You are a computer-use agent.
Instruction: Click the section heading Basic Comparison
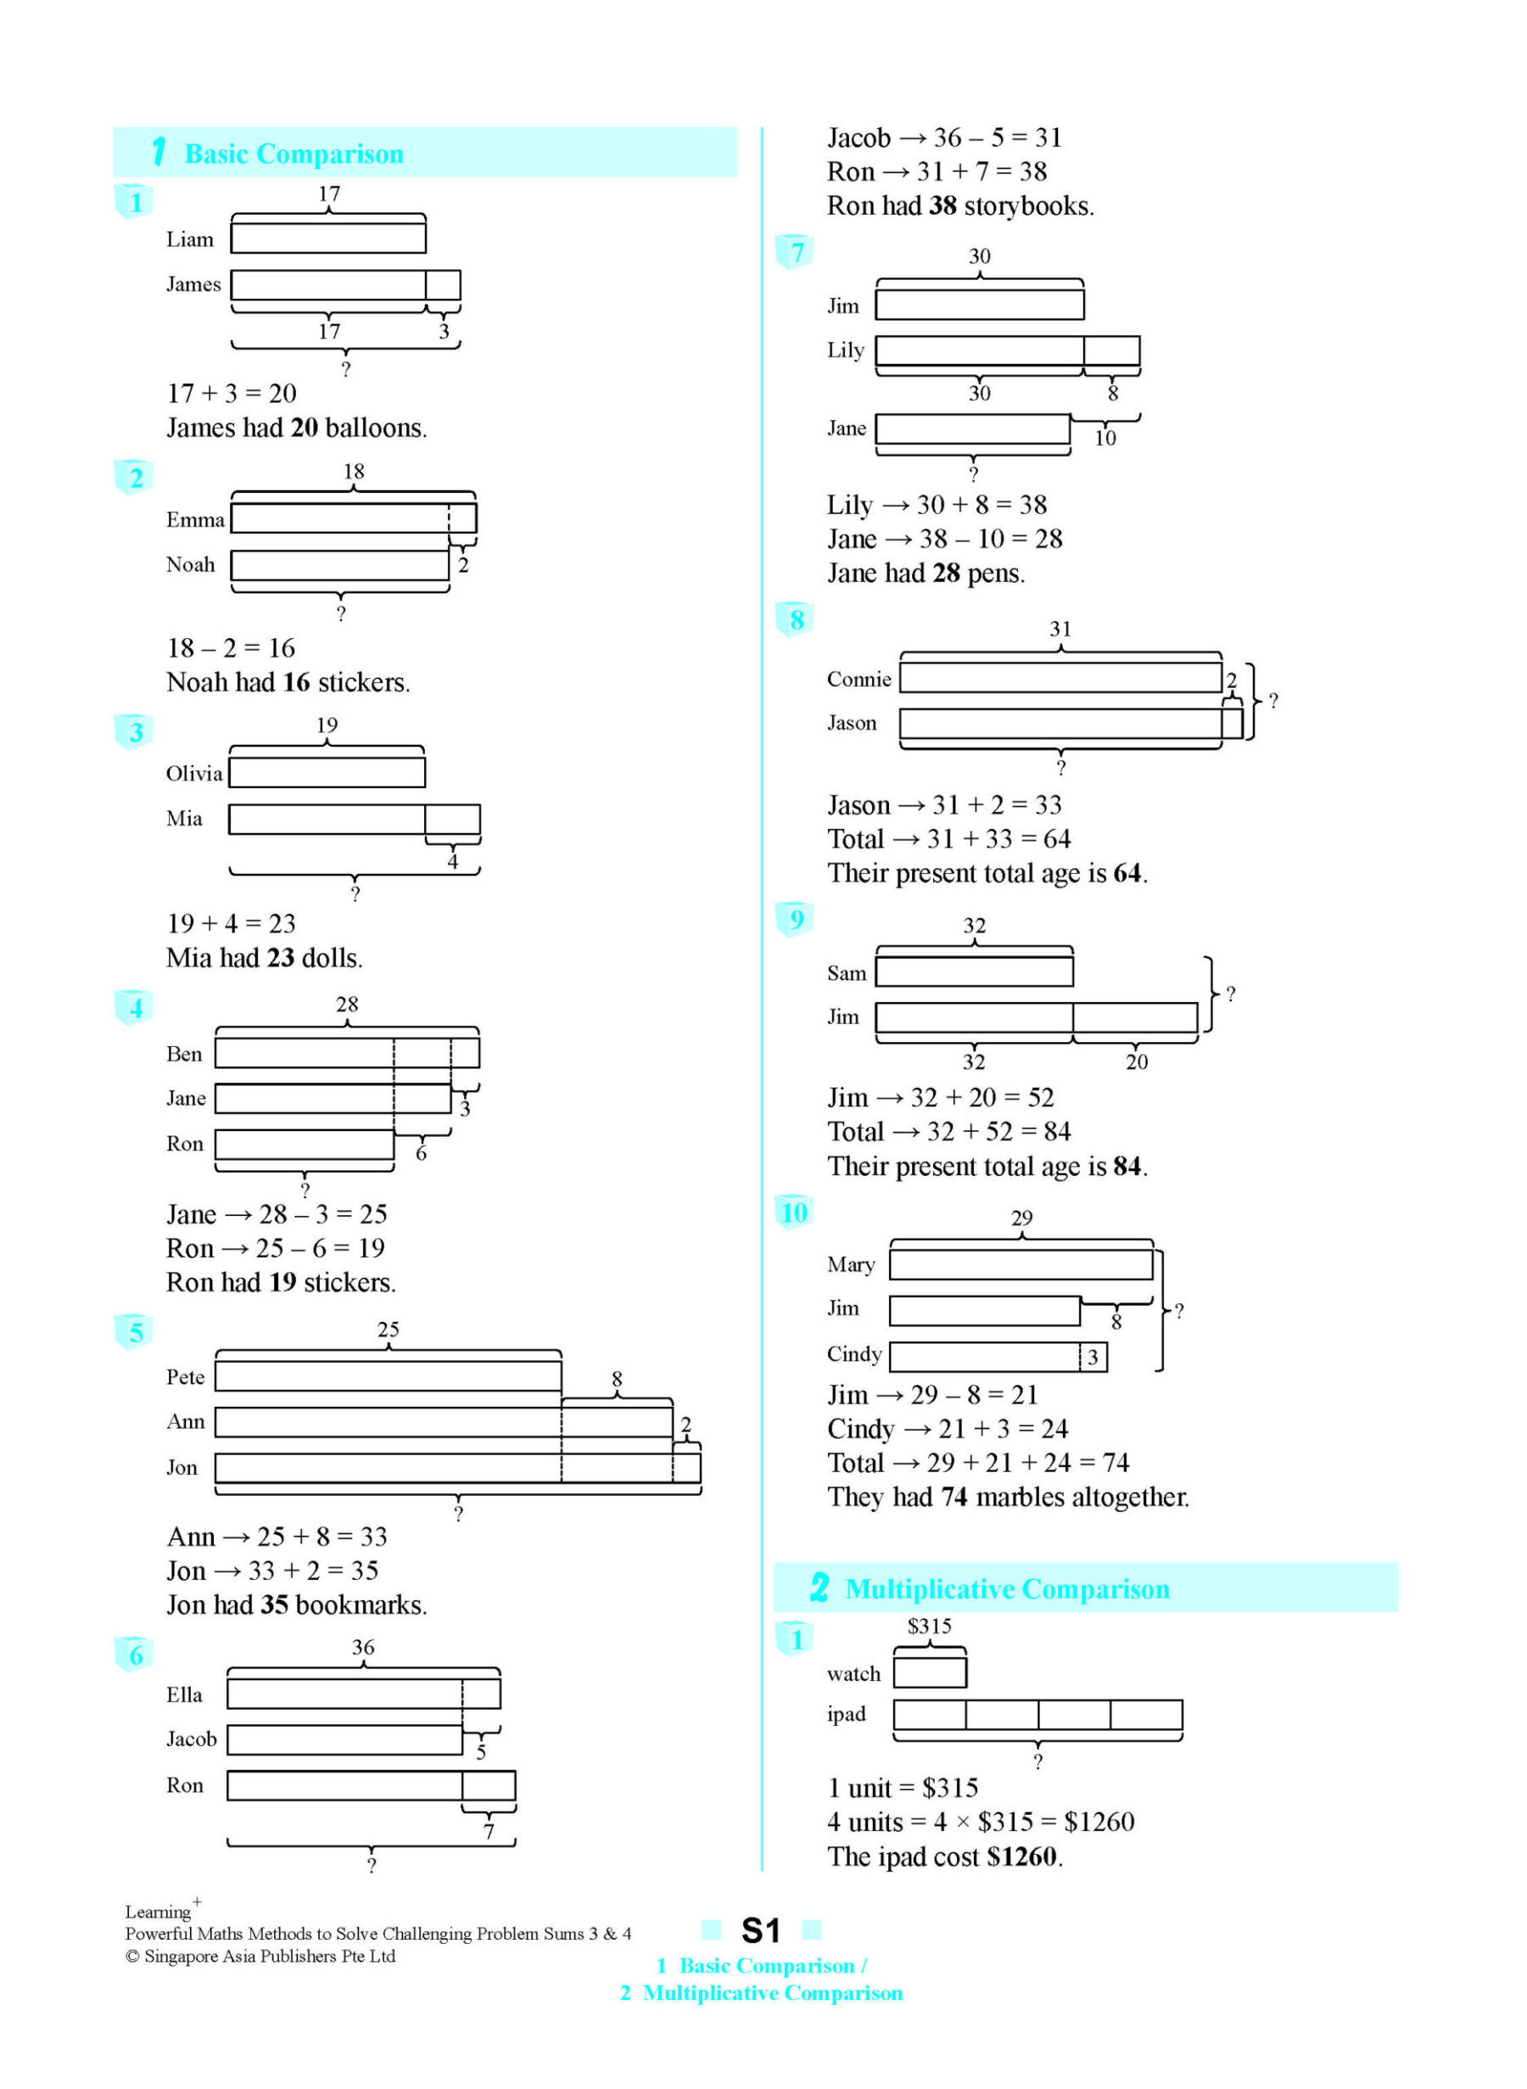(294, 154)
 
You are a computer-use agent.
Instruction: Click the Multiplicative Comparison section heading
(1007, 1589)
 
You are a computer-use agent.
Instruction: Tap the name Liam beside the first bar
(189, 239)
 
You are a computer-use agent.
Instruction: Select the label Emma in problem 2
(195, 519)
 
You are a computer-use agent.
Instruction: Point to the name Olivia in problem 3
(194, 774)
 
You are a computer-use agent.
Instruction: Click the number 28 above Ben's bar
(347, 1004)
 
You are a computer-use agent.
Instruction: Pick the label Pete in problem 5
(185, 1377)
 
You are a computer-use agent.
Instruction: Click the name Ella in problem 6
(184, 1695)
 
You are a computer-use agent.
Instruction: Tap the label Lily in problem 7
(845, 350)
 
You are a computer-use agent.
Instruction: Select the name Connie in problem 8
(859, 680)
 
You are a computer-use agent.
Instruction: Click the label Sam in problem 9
(846, 973)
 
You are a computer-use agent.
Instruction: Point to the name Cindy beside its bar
(854, 1354)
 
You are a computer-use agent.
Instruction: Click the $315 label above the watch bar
(929, 1626)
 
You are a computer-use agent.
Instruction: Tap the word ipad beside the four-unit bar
(846, 1715)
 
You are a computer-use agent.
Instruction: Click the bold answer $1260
(1021, 1857)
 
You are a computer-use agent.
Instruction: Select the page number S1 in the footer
(761, 1931)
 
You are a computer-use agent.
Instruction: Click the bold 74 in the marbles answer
(954, 1498)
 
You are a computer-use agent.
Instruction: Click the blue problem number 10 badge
(794, 1213)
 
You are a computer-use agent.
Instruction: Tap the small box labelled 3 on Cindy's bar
(1093, 1357)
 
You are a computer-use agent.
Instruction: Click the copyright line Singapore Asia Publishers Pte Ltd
(260, 1957)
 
